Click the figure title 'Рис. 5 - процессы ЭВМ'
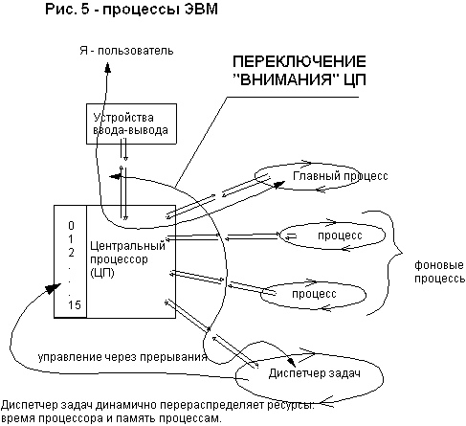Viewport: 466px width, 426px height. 131,9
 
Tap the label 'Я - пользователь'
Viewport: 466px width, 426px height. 126,51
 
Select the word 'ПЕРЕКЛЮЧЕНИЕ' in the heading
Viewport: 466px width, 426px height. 300,61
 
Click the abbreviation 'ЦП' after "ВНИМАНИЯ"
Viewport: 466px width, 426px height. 355,79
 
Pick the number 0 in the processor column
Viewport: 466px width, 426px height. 71,226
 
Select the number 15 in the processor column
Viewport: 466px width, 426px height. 75,305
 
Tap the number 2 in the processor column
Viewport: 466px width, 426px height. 71,253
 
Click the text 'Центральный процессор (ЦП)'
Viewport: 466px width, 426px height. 127,259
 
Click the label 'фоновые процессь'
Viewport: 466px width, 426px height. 440,272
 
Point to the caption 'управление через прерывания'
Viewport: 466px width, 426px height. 122,357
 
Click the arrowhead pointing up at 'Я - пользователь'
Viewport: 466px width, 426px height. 108,67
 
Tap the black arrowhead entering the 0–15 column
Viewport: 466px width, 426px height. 53,287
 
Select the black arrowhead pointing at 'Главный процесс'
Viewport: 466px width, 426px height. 279,184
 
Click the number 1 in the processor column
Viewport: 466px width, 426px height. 71,239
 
